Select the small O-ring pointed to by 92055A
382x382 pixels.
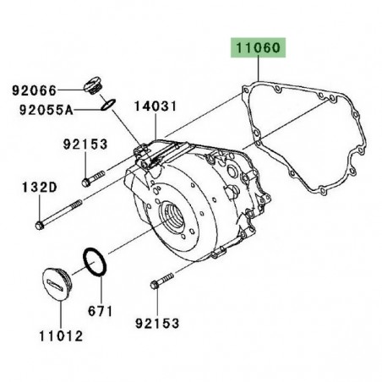pyautogui.click(x=106, y=104)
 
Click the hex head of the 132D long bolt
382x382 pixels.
pyautogui.click(x=40, y=225)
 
